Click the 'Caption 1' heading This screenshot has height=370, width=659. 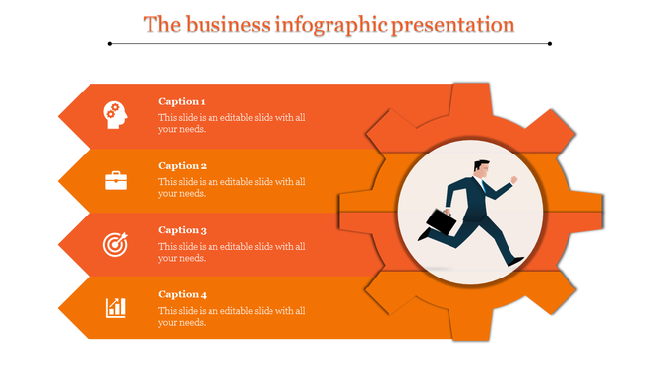click(182, 101)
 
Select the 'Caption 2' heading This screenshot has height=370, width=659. click(182, 165)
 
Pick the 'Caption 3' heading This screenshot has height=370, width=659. click(182, 229)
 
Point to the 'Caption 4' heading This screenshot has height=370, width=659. click(182, 293)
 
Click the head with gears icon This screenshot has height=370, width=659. click(115, 115)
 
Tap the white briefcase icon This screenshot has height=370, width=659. click(116, 179)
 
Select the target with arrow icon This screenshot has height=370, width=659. click(115, 243)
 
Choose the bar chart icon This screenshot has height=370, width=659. click(116, 307)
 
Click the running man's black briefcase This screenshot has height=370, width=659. click(441, 222)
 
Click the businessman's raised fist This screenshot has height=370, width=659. click(513, 181)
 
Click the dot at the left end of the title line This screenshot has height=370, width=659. click(110, 44)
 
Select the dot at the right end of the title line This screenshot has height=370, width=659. click(549, 44)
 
